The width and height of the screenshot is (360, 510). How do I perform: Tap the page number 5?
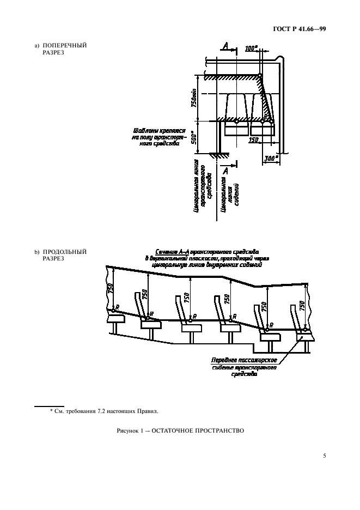[324, 456]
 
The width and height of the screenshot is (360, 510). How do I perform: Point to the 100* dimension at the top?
[252, 48]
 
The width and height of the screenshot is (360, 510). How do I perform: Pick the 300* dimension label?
[271, 158]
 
